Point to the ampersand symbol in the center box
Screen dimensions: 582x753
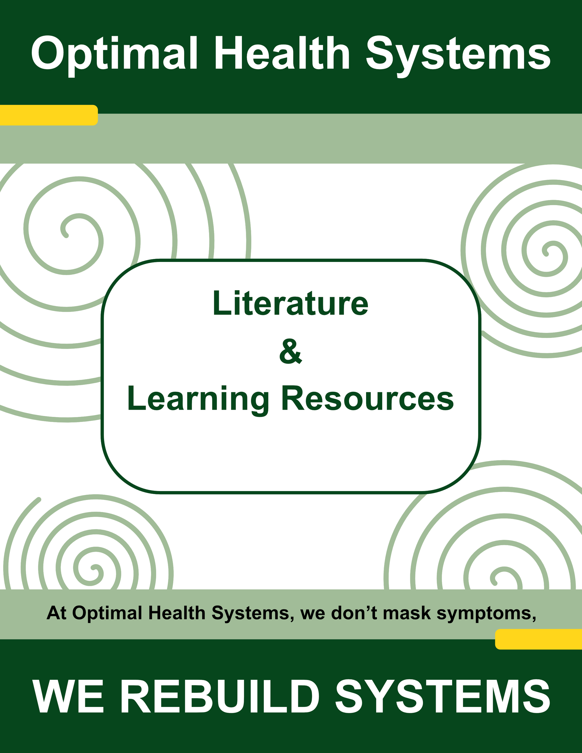tap(291, 351)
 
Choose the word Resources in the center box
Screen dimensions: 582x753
tap(368, 399)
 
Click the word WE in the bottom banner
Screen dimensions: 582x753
tap(68, 696)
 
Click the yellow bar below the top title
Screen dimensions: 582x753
tap(49, 115)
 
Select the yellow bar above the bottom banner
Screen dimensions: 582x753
tap(539, 639)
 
